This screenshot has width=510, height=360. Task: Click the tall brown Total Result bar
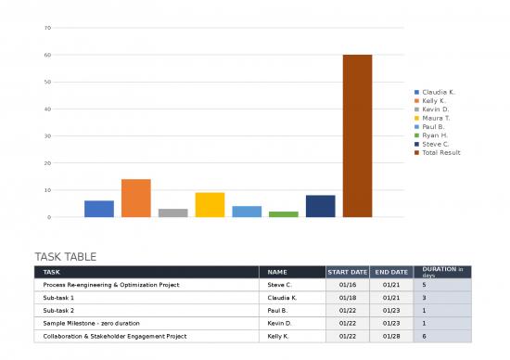[x=357, y=135]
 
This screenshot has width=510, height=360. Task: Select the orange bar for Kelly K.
[x=135, y=198]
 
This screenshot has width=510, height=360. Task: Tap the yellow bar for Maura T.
[x=210, y=205]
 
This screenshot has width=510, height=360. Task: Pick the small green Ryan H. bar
[x=284, y=214]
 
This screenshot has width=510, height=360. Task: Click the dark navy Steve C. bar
[x=320, y=206]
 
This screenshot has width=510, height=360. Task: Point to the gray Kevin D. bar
[x=172, y=212]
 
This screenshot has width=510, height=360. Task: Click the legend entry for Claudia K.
[x=438, y=92]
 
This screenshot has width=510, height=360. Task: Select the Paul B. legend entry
[x=434, y=127]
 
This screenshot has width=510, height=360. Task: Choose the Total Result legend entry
[x=440, y=152]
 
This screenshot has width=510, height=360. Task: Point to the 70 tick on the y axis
[x=47, y=28]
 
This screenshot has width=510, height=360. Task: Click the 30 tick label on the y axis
[x=47, y=136]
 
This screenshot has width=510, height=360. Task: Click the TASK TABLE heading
[x=65, y=257]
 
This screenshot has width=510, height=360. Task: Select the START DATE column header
[x=347, y=272]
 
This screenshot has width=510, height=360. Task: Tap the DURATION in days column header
[x=441, y=272]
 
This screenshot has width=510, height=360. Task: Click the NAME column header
[x=277, y=272]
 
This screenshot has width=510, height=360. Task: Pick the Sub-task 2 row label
[x=58, y=311]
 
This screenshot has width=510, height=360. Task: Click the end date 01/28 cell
[x=391, y=336]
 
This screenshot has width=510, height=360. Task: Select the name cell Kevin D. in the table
[x=279, y=323]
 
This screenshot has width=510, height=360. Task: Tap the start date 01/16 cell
[x=348, y=285]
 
